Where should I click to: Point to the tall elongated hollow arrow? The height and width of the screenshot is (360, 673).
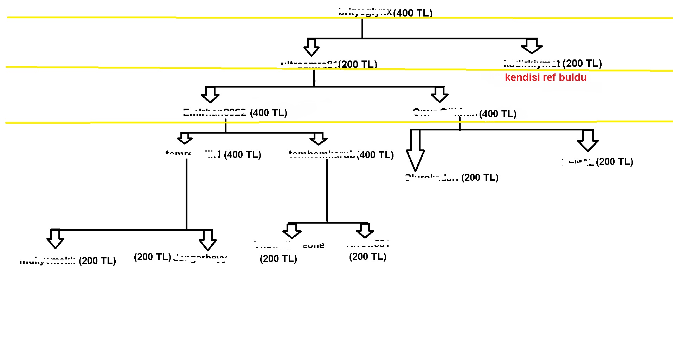point(415,151)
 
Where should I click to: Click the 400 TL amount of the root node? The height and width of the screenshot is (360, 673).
point(413,13)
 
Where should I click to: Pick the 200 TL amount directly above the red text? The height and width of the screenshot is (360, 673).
point(582,63)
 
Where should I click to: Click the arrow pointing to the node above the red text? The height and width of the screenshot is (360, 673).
point(532,46)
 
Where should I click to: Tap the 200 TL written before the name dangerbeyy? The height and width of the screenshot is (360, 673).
point(153,257)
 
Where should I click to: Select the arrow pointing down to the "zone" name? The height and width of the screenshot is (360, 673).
point(292,231)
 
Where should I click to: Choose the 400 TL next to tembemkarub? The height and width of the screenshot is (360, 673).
point(376,155)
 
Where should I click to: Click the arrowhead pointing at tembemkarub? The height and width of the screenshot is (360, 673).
point(319,139)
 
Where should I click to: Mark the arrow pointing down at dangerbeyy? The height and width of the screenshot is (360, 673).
point(208,240)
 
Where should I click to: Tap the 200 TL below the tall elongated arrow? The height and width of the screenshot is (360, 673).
point(480,178)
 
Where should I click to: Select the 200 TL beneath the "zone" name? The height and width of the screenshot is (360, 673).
point(278,259)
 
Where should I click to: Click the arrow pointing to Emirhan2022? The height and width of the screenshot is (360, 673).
point(210,95)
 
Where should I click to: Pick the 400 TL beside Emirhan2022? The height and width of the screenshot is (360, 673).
point(269,113)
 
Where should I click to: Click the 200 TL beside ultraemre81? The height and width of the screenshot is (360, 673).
point(358,64)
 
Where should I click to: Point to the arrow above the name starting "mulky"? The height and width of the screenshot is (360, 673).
point(55,239)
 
